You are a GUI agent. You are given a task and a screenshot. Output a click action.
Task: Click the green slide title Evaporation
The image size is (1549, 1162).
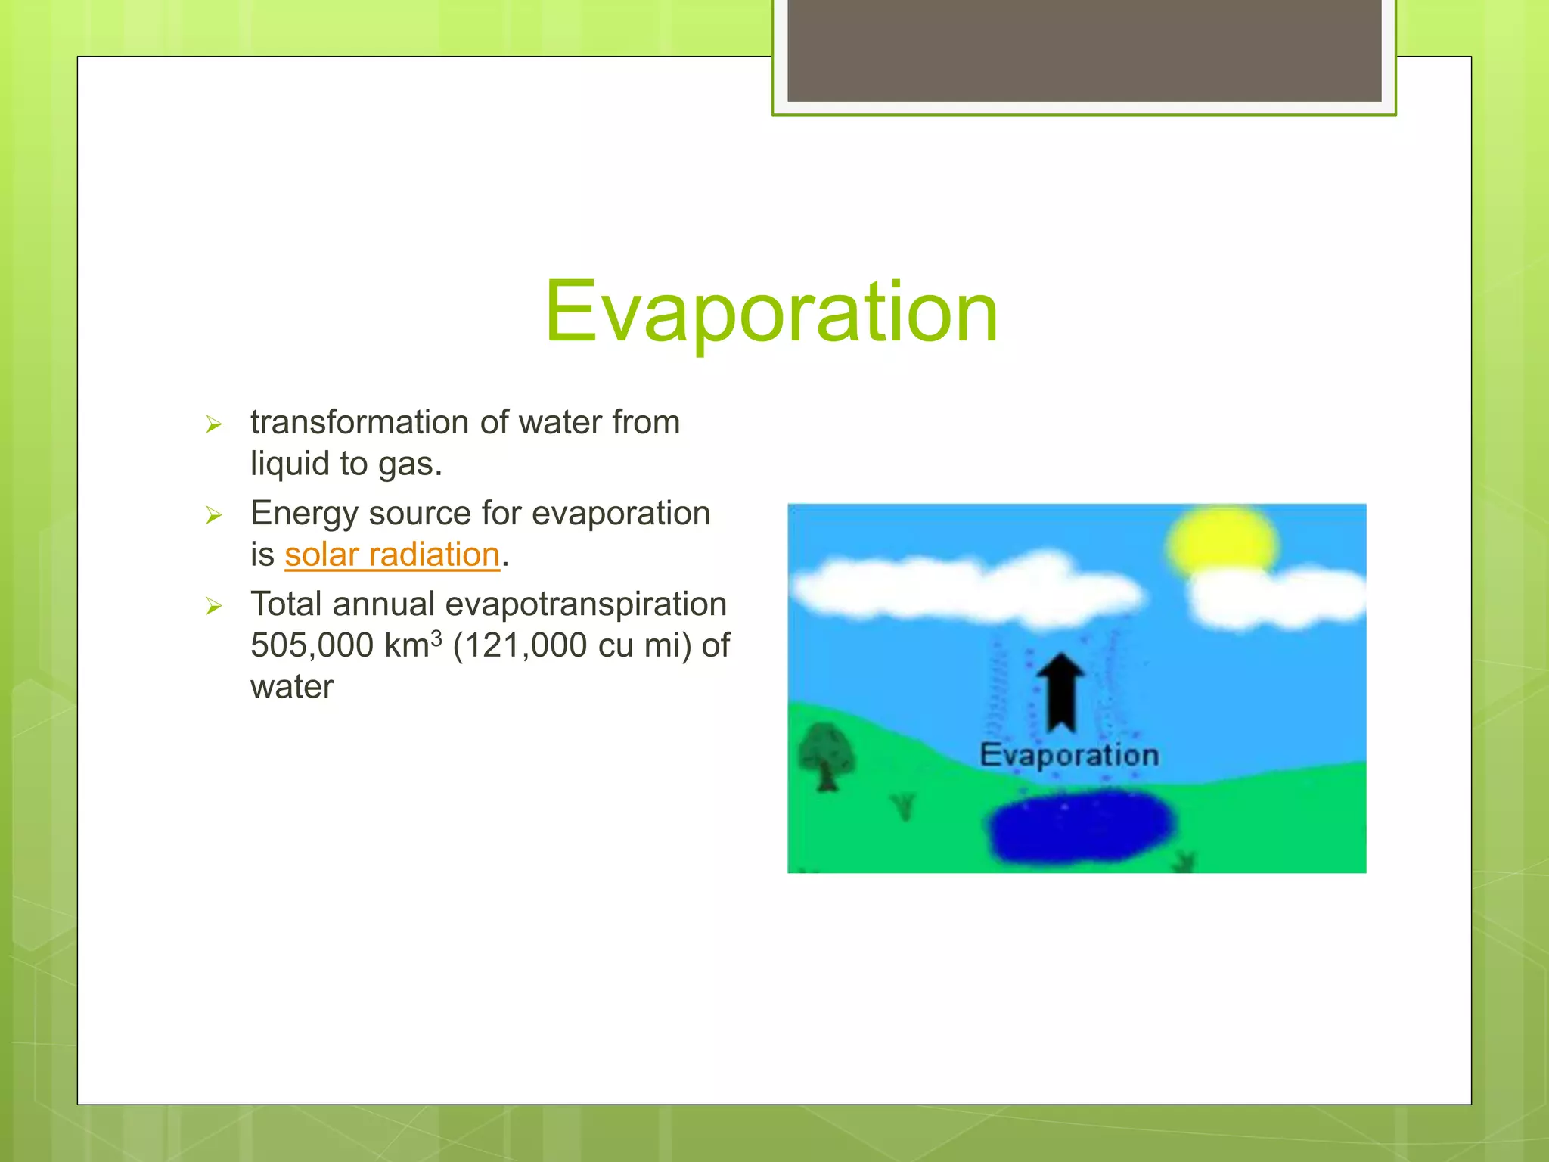coord(771,312)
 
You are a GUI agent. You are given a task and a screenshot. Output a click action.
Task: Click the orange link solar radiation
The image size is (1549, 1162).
coord(392,555)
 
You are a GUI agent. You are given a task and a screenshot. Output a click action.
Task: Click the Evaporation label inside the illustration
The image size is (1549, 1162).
coord(1069,755)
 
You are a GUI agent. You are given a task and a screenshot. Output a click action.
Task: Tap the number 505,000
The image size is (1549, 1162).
coord(312,645)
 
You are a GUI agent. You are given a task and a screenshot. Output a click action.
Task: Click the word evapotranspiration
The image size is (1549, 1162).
coord(585,604)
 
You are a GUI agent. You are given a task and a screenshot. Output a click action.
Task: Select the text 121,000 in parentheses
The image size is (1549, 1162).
coord(526,645)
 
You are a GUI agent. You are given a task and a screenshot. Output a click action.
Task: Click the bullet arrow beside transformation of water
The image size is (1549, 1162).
coord(214,424)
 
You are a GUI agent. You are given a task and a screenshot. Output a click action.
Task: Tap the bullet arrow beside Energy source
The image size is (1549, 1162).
coord(214,515)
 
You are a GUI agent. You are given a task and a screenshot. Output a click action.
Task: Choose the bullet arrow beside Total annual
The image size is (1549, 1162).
coord(214,606)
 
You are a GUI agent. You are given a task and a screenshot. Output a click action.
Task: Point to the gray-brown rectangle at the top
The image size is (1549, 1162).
coord(1084,50)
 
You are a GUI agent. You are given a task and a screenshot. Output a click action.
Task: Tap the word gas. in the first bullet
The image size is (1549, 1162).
coord(410,464)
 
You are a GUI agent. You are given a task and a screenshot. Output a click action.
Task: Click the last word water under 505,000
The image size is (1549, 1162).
coord(292,687)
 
